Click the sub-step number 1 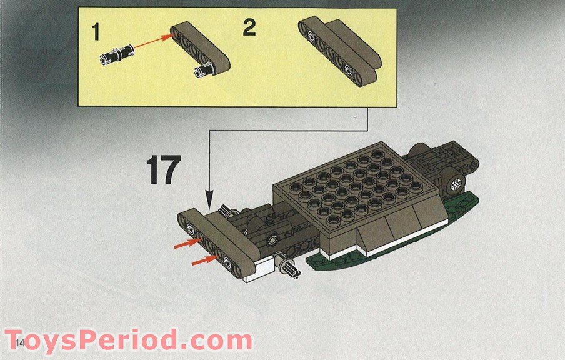point(96,32)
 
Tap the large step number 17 point(164,169)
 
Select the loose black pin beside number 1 point(112,58)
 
